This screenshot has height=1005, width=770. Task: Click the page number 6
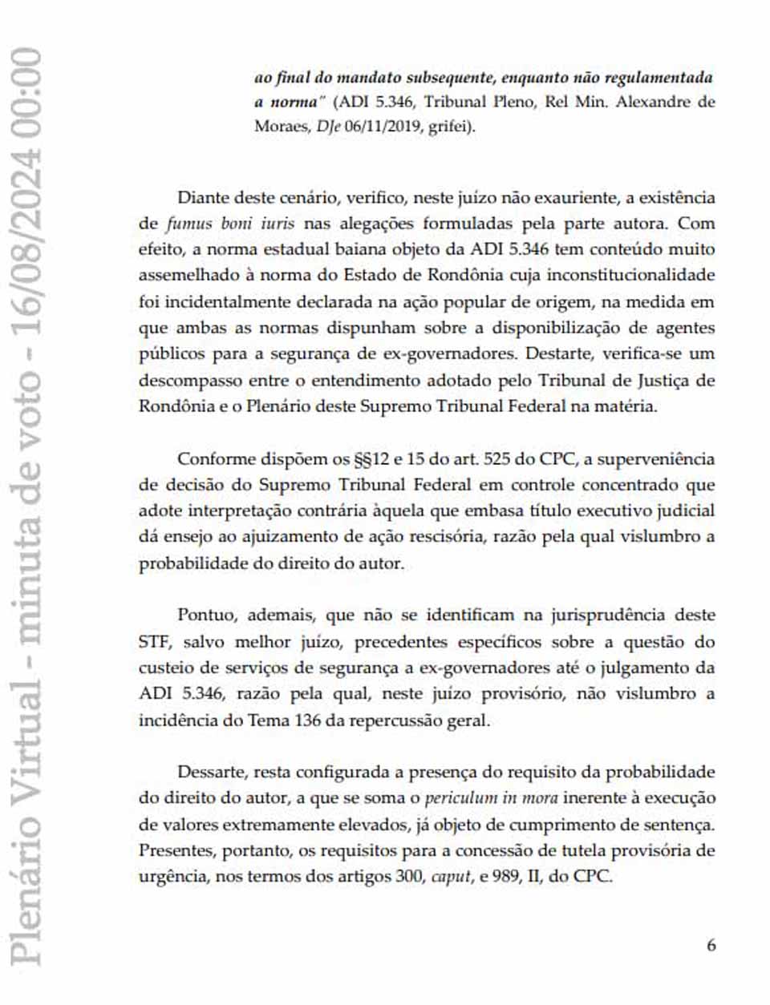click(711, 945)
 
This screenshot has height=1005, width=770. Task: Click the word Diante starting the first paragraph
click(203, 197)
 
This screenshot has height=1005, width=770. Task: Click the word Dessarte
click(212, 772)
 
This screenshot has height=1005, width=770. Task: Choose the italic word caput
click(451, 876)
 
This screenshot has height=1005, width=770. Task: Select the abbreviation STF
click(155, 641)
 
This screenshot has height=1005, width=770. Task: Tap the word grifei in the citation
click(450, 127)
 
